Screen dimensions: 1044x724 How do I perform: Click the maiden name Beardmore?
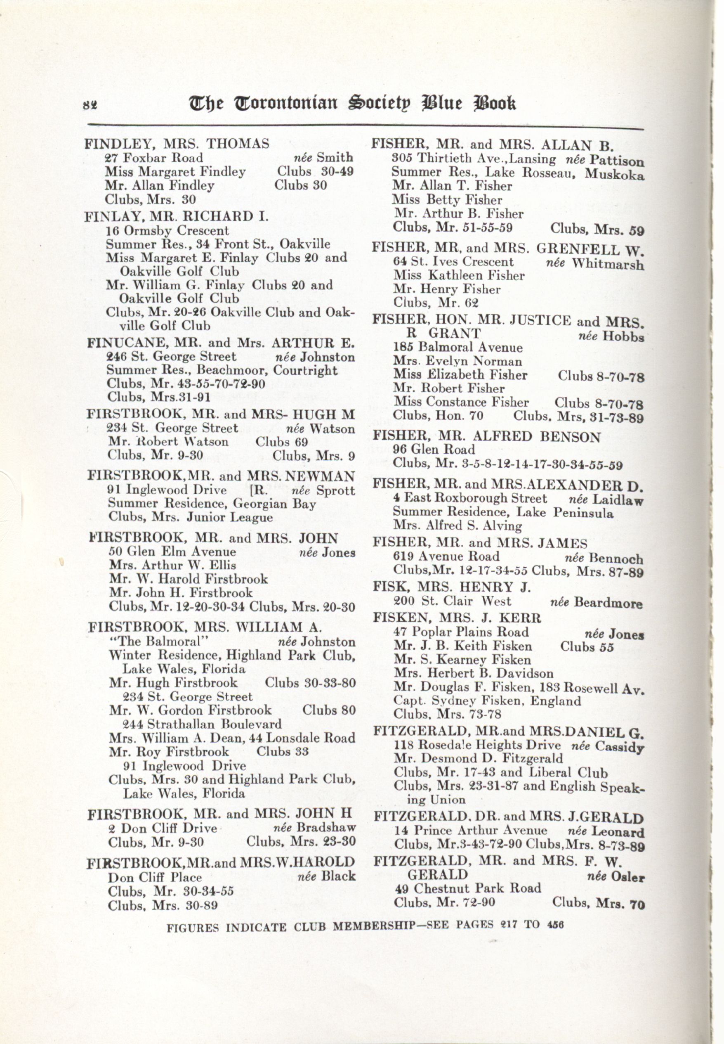click(608, 603)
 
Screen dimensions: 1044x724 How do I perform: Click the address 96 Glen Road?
click(434, 450)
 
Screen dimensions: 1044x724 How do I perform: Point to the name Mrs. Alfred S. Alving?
click(457, 526)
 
